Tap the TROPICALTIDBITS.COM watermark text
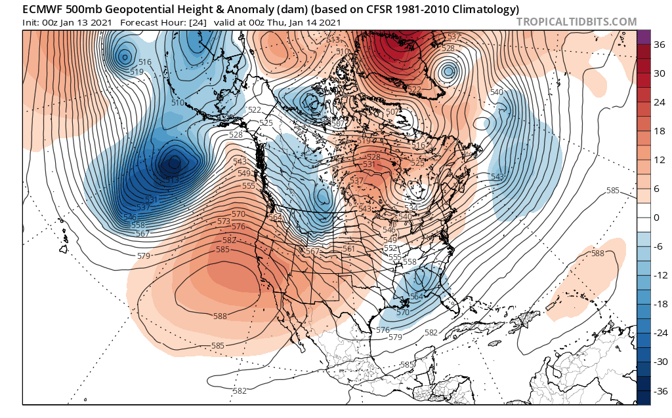tap(576, 22)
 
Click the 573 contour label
tap(224, 221)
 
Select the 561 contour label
tap(348, 249)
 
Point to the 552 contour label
tap(391, 249)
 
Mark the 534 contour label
tap(411, 208)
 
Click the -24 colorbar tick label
tap(658, 333)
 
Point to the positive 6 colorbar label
tap(658, 189)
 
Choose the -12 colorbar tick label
tap(658, 275)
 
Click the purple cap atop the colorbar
tap(643, 37)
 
